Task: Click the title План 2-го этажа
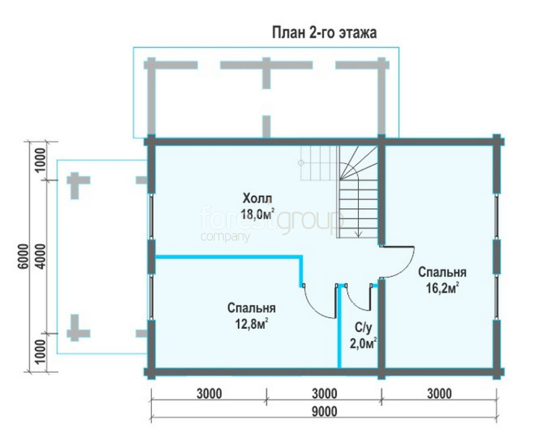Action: point(324,33)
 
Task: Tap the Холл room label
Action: point(257,199)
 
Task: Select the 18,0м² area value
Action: point(258,214)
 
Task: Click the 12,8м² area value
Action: point(252,324)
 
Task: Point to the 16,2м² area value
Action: point(442,288)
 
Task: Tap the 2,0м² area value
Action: point(363,344)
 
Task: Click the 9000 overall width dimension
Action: point(324,412)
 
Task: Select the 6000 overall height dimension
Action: point(23,256)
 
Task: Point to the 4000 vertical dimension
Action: point(40,256)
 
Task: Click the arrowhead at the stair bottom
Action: point(359,234)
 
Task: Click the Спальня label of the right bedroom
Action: point(442,272)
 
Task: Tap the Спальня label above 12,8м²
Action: point(252,308)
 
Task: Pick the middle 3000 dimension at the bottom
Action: point(324,394)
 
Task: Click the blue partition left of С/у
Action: point(339,326)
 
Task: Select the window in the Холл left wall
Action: point(151,216)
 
